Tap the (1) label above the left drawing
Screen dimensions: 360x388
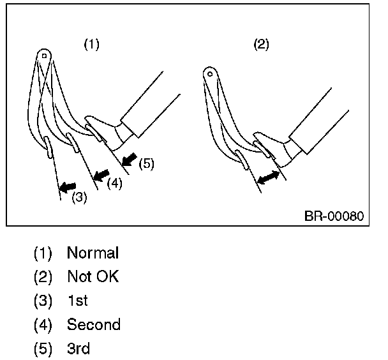[92, 45]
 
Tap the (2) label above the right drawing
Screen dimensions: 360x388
[261, 45]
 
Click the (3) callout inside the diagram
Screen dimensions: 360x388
[78, 197]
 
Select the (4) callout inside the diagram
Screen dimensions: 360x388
[114, 183]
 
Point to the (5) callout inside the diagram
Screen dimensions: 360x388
[146, 164]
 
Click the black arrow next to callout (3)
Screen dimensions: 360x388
[66, 187]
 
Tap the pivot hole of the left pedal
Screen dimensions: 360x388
[43, 56]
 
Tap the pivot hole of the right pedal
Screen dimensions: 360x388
[209, 73]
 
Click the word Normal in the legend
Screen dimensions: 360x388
[93, 253]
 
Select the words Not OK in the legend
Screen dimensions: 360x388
[93, 277]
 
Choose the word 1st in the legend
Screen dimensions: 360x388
[77, 301]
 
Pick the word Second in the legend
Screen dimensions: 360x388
[93, 325]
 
